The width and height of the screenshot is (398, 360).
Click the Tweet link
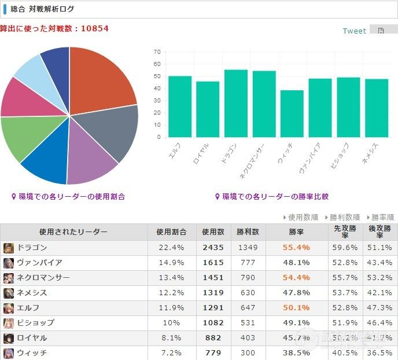pos(354,31)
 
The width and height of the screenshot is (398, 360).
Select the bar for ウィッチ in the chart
pos(292,113)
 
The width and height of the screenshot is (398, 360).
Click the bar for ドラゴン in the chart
pos(236,103)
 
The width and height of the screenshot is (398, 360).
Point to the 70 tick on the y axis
pos(157,52)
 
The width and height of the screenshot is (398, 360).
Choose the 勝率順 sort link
pos(382,217)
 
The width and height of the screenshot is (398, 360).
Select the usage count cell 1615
pos(213,263)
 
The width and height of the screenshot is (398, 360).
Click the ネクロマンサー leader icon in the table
pos(8,278)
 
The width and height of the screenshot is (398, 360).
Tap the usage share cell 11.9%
pos(171,308)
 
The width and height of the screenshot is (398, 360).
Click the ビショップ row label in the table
pos(36,323)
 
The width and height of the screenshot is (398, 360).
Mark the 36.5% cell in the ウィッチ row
pos(379,353)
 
